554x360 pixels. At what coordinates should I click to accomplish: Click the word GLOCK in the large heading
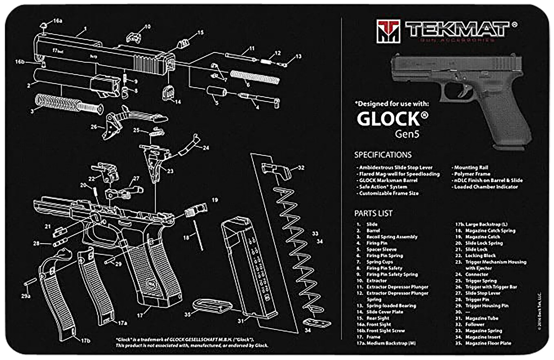(388, 119)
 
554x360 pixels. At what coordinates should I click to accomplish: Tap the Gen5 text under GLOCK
(407, 134)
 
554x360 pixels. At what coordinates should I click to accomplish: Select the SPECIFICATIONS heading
(383, 155)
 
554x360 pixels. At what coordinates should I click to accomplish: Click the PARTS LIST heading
(373, 213)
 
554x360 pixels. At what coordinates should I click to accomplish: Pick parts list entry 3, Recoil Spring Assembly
(391, 237)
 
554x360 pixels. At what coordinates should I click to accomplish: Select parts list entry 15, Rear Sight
(377, 318)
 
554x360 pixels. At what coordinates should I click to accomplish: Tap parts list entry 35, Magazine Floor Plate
(488, 343)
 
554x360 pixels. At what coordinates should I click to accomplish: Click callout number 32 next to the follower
(301, 167)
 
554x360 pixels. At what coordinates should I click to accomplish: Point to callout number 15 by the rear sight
(200, 33)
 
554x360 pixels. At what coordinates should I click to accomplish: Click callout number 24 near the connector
(206, 148)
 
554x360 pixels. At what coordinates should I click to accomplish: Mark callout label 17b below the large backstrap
(85, 340)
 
